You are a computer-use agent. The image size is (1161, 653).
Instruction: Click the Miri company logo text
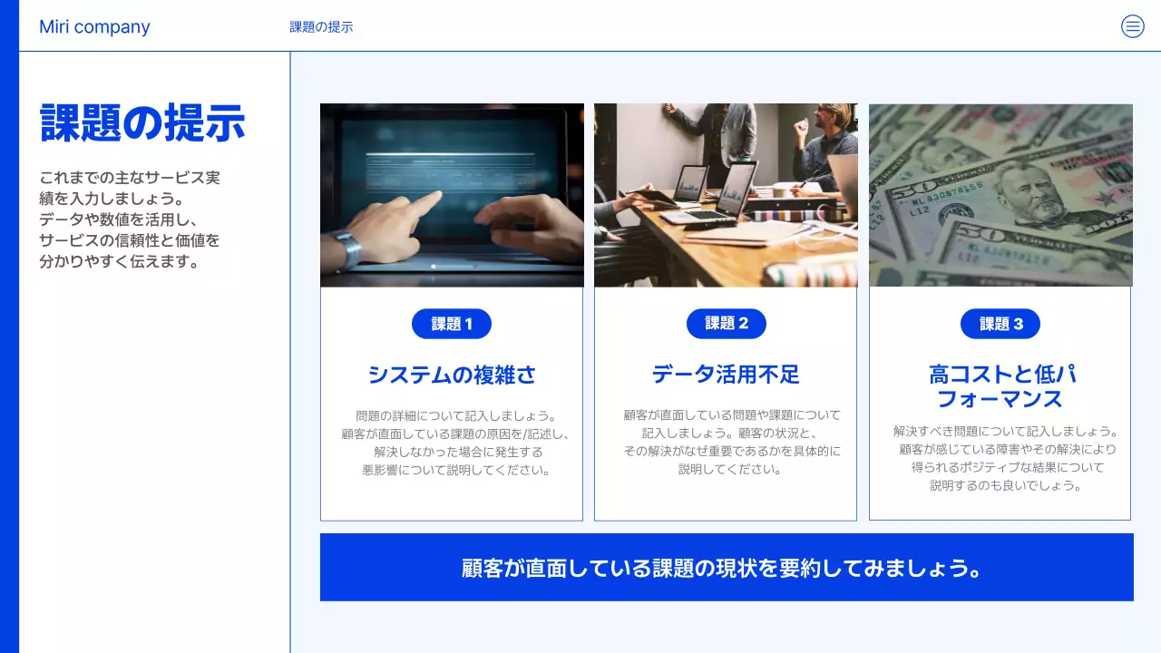point(94,27)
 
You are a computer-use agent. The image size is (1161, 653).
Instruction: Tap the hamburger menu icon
point(1133,26)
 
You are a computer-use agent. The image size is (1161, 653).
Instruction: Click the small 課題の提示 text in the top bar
point(321,27)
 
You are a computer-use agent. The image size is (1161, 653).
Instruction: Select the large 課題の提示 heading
point(142,123)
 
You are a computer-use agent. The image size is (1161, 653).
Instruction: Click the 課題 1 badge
point(452,324)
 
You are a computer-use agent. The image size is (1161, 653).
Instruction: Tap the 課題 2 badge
point(727,324)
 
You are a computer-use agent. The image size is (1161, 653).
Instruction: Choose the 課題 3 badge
point(1000,324)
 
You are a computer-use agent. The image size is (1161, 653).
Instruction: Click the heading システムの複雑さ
point(452,375)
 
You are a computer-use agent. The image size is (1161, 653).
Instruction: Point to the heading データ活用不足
point(726,375)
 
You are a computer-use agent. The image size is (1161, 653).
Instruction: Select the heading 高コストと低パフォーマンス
point(1000,386)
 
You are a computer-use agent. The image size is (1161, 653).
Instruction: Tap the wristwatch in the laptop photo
point(347,249)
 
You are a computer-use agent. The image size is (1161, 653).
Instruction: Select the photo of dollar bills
point(1000,195)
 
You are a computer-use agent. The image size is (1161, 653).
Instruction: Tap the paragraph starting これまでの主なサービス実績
point(130,219)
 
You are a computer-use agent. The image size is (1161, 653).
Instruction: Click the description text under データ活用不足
point(731,443)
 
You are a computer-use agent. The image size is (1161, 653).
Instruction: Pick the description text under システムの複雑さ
point(455,443)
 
